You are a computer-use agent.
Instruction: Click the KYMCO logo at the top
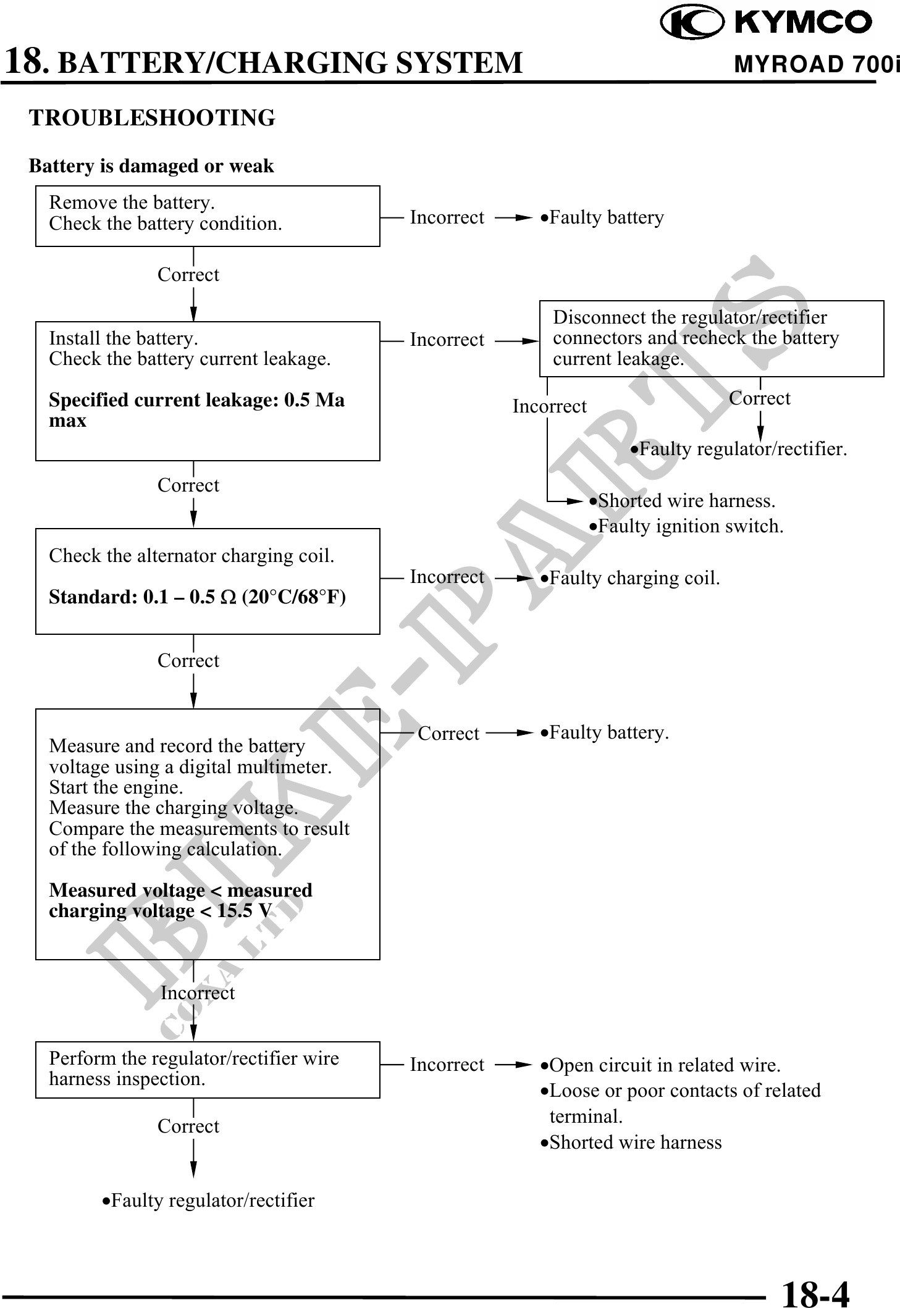coord(766,22)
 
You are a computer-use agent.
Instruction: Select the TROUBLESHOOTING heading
coord(152,117)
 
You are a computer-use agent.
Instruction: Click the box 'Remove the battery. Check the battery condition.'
coord(207,216)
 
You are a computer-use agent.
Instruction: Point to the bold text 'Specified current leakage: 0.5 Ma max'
coord(196,410)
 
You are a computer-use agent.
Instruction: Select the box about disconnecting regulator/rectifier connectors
coord(711,338)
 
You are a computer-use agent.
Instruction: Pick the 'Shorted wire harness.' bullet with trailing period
coord(682,500)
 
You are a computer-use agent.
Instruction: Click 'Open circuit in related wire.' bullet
coord(661,1065)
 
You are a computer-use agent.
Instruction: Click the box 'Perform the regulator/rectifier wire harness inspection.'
coord(207,1069)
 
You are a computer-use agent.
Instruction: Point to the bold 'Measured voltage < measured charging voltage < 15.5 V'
coord(180,900)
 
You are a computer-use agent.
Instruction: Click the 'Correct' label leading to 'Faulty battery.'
coord(448,733)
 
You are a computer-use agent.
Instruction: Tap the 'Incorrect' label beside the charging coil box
coord(447,577)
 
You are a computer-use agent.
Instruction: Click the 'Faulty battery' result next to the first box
coord(602,217)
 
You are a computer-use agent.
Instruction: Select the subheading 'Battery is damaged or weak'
coord(151,166)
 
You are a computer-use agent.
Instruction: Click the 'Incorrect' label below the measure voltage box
coord(198,992)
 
